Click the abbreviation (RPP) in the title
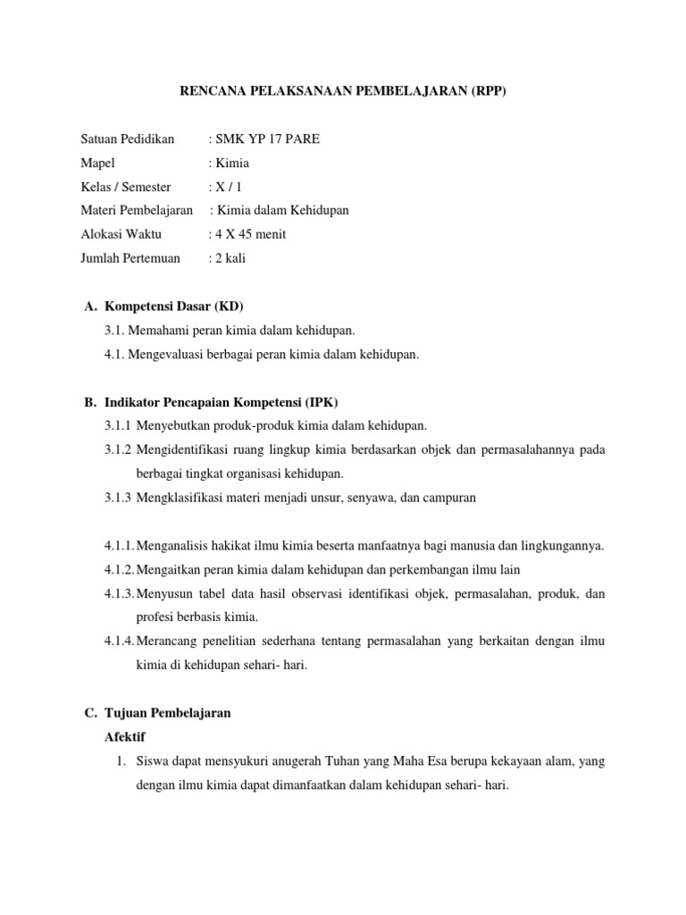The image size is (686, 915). pyautogui.click(x=485, y=90)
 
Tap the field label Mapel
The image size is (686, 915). pyautogui.click(x=97, y=163)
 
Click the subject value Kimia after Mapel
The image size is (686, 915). pyautogui.click(x=231, y=163)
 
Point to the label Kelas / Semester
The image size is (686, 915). pyautogui.click(x=125, y=187)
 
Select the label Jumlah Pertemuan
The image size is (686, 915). pyautogui.click(x=130, y=258)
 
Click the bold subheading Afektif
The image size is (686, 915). pyautogui.click(x=125, y=737)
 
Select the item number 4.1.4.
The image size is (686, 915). pyautogui.click(x=119, y=642)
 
